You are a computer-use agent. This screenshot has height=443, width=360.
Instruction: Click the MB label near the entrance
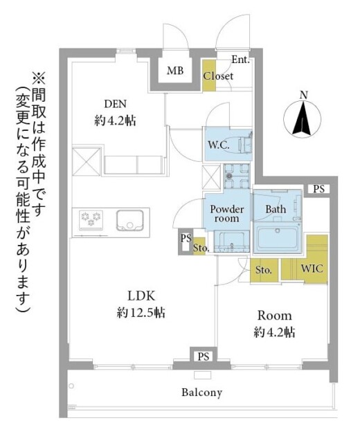(175, 70)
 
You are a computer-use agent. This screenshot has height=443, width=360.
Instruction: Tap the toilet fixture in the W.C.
(244, 144)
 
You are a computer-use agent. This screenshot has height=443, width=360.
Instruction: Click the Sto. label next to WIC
(263, 269)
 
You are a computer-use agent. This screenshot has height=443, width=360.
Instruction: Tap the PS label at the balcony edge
(202, 356)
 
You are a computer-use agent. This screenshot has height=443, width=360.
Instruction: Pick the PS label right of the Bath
(318, 189)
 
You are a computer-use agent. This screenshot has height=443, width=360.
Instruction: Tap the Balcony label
(201, 392)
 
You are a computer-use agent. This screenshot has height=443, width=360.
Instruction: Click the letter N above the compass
(303, 95)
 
